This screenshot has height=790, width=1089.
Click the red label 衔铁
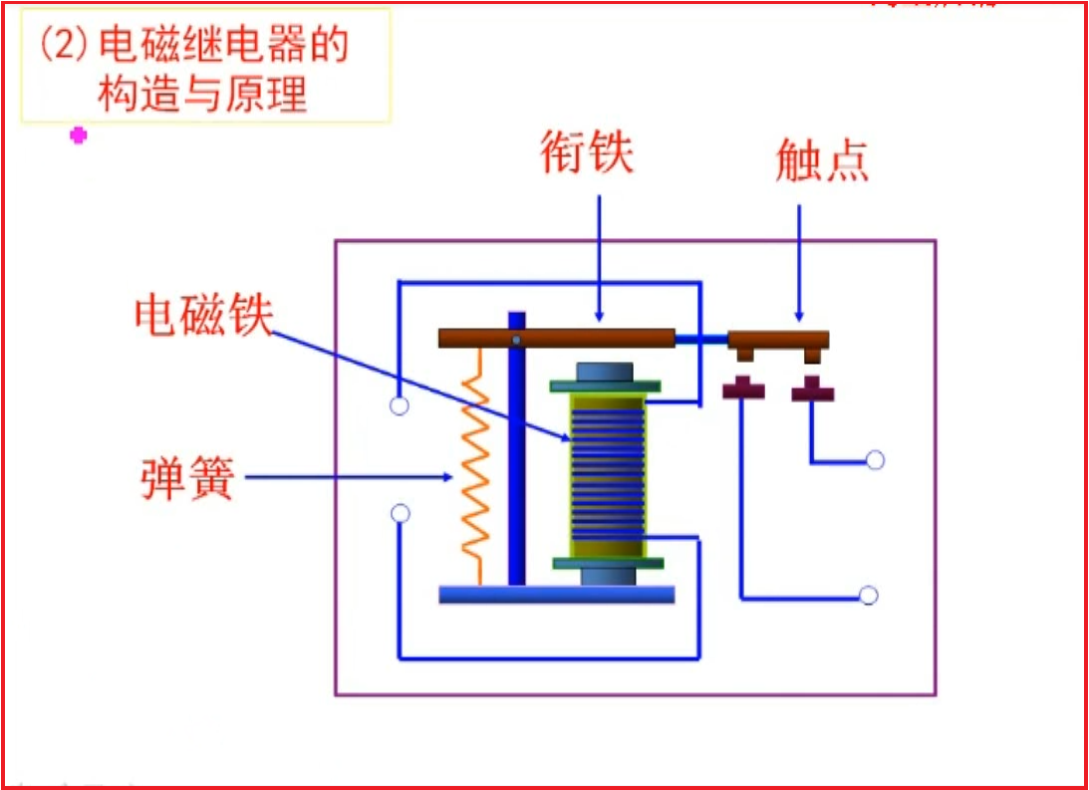click(x=587, y=154)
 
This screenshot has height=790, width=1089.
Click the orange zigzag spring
click(x=473, y=468)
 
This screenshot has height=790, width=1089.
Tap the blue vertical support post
click(x=516, y=458)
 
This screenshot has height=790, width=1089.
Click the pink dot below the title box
click(x=79, y=135)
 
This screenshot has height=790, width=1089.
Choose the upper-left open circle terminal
click(x=399, y=406)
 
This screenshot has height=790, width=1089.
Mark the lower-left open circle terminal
click(x=400, y=514)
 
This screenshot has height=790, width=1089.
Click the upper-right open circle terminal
click(x=875, y=459)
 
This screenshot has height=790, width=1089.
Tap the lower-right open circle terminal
click(x=868, y=595)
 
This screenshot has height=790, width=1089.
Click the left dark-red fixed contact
click(x=742, y=389)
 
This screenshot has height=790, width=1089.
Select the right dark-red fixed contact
click(x=812, y=392)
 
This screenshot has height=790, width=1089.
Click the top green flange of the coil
click(x=605, y=386)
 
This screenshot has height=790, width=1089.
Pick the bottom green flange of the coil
click(x=607, y=563)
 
